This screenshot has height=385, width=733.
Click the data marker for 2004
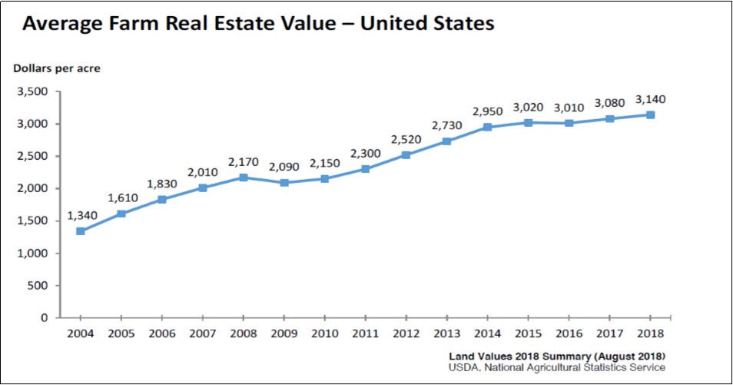[80, 231]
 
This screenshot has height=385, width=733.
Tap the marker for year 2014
[487, 127]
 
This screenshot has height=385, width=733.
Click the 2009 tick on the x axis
[284, 334]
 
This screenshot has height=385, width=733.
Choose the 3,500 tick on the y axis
[32, 91]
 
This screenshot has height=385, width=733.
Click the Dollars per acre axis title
[56, 68]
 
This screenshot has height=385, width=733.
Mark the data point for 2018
[650, 115]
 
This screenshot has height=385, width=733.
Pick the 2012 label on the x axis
[406, 334]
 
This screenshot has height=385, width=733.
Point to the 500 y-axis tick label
[38, 285]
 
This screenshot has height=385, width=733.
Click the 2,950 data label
[487, 111]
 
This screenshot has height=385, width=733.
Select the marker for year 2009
[284, 182]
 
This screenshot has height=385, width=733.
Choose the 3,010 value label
[569, 107]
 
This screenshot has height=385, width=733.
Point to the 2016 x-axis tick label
[569, 334]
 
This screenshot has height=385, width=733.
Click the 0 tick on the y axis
[45, 317]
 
